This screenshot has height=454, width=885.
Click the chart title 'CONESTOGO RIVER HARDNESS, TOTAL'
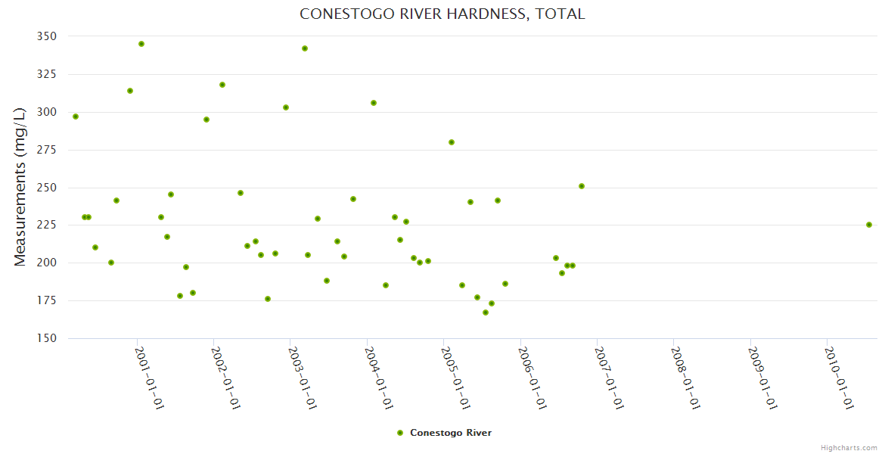[442, 14]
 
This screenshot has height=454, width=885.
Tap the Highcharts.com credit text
[849, 448]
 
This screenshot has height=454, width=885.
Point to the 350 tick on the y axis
[46, 36]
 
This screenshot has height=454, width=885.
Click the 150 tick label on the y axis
[46, 338]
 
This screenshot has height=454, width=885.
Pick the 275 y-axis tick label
[46, 150]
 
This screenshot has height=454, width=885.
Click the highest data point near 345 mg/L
[141, 44]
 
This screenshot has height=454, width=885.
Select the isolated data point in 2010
[869, 225]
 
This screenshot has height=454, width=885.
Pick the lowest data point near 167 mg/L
[486, 313]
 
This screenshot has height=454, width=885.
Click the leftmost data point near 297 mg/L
[76, 117]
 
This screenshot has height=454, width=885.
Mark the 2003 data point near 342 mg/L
[305, 48]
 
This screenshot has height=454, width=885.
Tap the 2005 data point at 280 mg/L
[452, 142]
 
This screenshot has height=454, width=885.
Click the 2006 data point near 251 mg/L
[582, 186]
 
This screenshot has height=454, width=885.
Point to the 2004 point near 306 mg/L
[374, 103]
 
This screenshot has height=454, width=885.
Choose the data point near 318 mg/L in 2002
[222, 85]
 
